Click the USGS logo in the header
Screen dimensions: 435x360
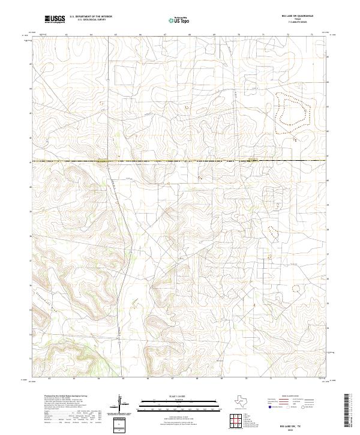click(x=55, y=19)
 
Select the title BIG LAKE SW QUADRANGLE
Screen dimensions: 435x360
click(x=298, y=16)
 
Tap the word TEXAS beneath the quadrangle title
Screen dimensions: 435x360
click(x=298, y=19)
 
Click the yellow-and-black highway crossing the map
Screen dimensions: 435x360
click(x=180, y=161)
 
